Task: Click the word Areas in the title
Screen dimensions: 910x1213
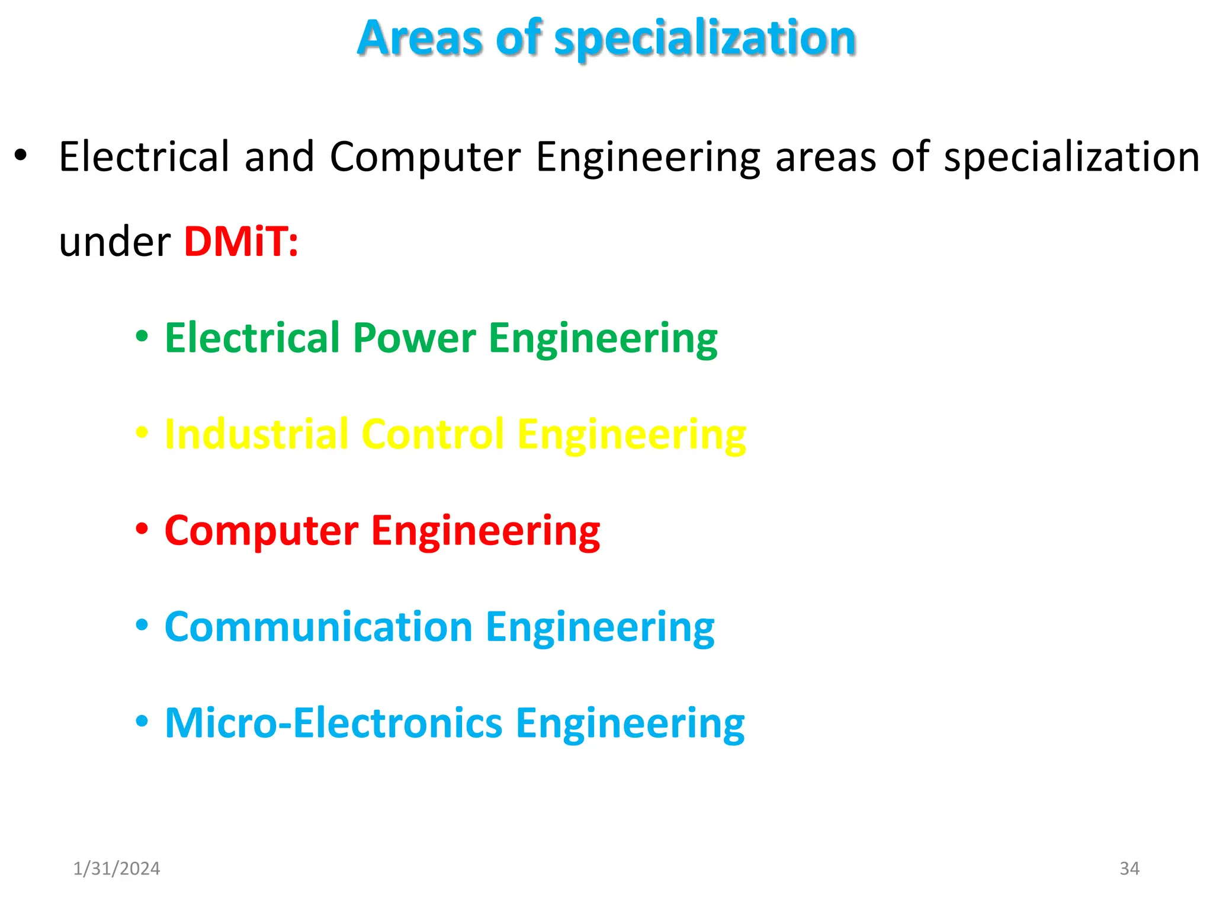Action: [420, 39]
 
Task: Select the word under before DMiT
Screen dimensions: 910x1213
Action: [115, 242]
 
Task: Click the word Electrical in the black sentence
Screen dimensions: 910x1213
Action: [144, 157]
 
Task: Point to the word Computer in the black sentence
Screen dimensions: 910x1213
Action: [425, 157]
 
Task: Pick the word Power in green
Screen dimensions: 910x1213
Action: [414, 338]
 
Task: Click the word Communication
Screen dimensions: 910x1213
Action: [318, 627]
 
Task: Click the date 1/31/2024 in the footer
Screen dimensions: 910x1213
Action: [116, 869]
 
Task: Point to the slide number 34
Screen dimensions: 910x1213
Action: [1129, 869]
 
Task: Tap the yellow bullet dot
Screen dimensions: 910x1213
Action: [142, 432]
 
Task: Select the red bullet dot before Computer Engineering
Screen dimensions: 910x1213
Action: [142, 528]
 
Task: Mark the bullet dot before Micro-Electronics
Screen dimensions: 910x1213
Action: [142, 721]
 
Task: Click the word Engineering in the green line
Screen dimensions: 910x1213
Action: [603, 338]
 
